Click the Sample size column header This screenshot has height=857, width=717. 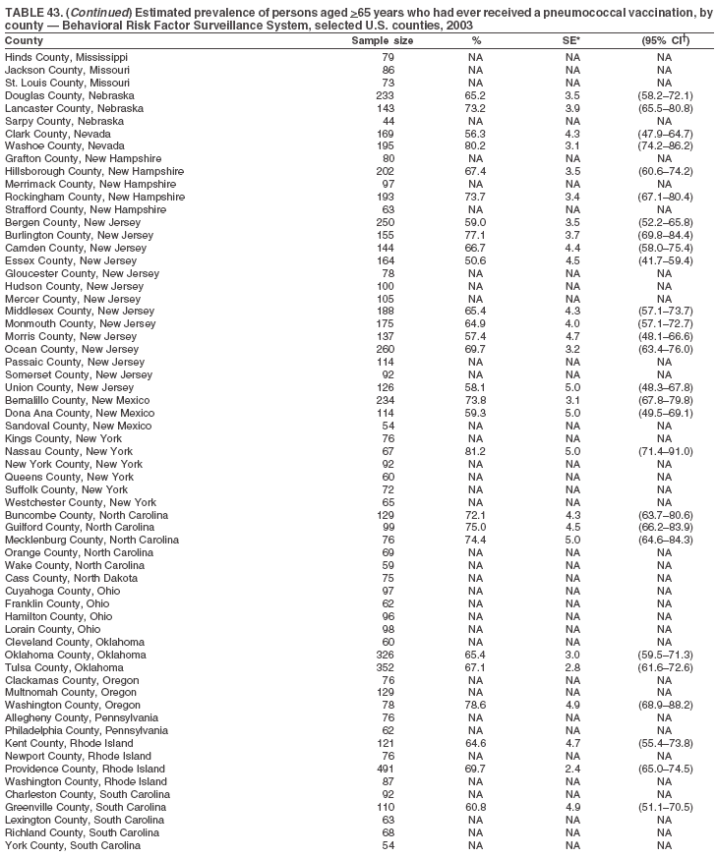pos(383,41)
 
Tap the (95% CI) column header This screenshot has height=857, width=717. pos(665,41)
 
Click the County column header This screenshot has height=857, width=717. pos(24,41)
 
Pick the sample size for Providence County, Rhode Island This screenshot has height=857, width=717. pos(388,769)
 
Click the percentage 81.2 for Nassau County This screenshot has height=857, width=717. pos(476,451)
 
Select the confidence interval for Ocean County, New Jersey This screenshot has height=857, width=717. pos(665,350)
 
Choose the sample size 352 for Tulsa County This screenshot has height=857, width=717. pos(388,667)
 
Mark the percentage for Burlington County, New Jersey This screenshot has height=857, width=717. pos(476,236)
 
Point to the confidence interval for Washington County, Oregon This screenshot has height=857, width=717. pos(665,706)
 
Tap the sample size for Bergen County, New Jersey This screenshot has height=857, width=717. pos(388,223)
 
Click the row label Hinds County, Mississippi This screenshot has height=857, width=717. pos(66,57)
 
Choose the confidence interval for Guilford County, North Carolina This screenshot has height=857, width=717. pos(665,528)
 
